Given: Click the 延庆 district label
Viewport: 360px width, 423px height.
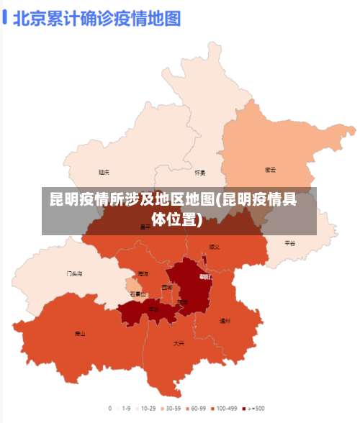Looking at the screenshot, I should (x=104, y=172).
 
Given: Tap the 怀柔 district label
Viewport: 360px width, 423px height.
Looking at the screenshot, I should (x=200, y=173).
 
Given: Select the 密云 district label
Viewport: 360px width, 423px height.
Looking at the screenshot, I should (x=271, y=170).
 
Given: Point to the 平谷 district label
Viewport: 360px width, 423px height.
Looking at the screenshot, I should (x=289, y=243).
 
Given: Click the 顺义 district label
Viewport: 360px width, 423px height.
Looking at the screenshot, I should (x=214, y=246).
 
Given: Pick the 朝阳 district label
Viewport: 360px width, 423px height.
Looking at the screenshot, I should (x=205, y=276).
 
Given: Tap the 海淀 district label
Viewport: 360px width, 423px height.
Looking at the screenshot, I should (x=143, y=274).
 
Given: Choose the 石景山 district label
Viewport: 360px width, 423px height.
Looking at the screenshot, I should (x=138, y=294).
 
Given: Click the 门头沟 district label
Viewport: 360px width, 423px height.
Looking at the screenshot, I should (x=74, y=274).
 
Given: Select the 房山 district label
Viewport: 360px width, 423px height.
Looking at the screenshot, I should (x=80, y=334).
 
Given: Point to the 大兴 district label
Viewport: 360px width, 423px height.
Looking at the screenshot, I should (x=178, y=343).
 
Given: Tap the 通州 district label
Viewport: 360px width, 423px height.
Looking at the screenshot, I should (x=225, y=321).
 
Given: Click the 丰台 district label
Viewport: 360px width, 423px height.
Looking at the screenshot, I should (x=153, y=309).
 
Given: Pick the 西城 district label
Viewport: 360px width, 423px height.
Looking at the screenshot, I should (x=167, y=287).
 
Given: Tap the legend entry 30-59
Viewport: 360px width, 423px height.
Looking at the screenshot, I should (x=174, y=408).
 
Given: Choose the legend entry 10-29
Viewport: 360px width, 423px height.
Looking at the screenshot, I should (x=148, y=408).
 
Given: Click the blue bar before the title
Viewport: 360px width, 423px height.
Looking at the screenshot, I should (x=6, y=17).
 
